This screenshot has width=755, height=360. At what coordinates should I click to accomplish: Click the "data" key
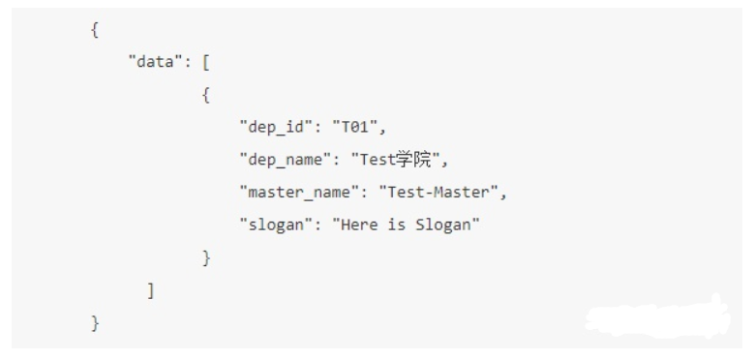[x=156, y=62]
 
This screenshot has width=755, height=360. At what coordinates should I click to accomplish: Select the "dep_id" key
[x=277, y=127]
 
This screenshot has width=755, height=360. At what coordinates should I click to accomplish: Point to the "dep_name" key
[x=286, y=160]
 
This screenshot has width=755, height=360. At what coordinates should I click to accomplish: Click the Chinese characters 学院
[x=413, y=160]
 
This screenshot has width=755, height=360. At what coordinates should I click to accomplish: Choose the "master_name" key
[x=300, y=192]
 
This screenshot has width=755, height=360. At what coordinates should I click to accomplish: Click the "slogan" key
[x=277, y=225]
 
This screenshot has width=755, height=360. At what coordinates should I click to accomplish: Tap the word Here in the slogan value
[x=359, y=225]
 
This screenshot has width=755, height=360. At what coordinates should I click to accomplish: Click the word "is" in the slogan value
[x=397, y=225]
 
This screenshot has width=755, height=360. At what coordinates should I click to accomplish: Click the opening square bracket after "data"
[x=206, y=63]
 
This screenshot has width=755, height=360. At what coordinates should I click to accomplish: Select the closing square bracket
[x=151, y=290]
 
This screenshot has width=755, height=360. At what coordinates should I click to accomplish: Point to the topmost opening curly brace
[x=95, y=30]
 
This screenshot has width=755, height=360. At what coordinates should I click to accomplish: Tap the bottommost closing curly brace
[x=95, y=323]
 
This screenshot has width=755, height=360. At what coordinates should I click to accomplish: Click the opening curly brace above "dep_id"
[x=206, y=95]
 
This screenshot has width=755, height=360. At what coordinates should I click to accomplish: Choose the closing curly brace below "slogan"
[x=206, y=258]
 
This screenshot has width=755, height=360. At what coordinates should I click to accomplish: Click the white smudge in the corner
[x=658, y=318]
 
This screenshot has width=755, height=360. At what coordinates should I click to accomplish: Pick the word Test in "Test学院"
[x=378, y=160]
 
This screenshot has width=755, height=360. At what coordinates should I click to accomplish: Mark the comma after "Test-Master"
[x=503, y=195]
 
